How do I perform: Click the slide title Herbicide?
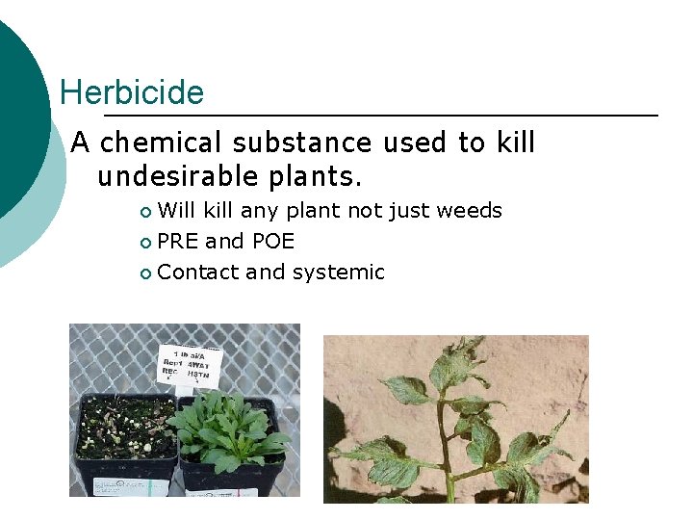(132, 93)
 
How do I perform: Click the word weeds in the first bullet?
(470, 211)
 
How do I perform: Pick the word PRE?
(178, 242)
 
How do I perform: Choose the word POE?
(272, 242)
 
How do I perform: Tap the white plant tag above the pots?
(192, 365)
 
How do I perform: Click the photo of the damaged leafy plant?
(455, 419)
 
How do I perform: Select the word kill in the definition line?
(515, 143)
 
